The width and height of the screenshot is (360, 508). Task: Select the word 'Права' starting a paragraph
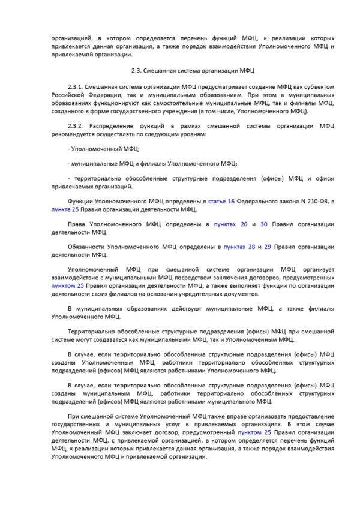pos(77,224)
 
